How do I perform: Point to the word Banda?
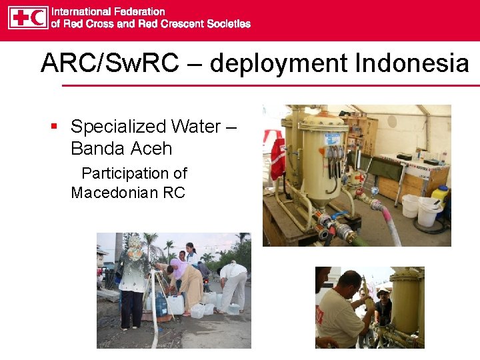click(93, 149)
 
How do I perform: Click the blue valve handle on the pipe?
click(340, 216)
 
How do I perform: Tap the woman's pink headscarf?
click(179, 269)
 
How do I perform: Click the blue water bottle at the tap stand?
click(161, 305)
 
